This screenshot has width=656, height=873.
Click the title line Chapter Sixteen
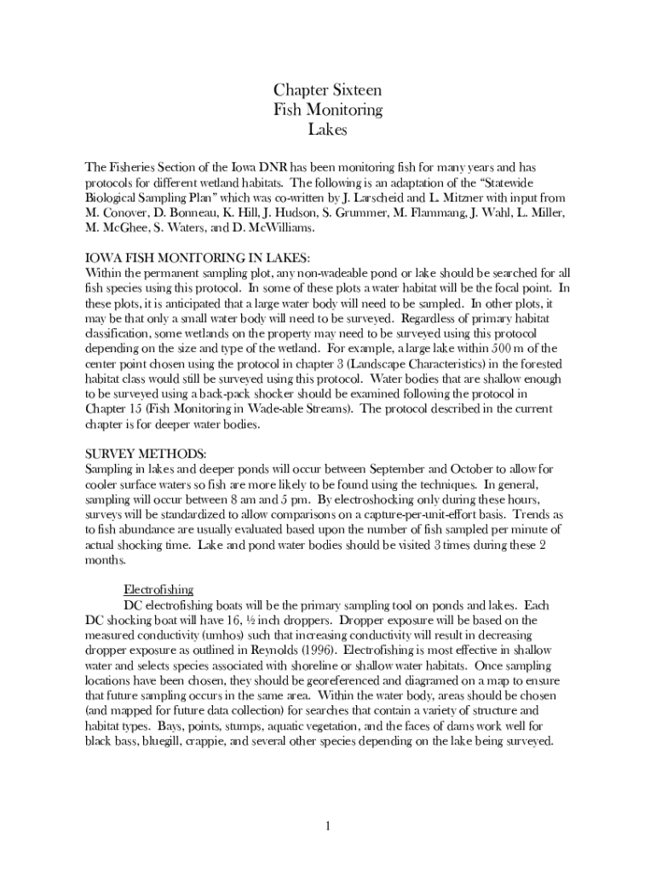327,90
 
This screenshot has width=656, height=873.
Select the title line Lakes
328,130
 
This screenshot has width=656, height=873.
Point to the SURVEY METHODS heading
146,453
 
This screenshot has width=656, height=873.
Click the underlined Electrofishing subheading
159,589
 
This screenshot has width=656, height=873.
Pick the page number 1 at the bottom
327,826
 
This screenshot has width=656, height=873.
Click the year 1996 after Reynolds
318,650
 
